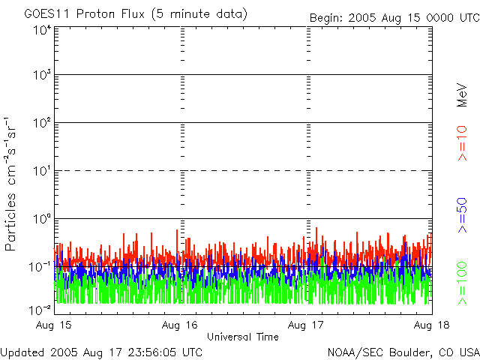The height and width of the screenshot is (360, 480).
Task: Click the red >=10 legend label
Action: [x=462, y=143]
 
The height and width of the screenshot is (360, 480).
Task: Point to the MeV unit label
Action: [x=462, y=94]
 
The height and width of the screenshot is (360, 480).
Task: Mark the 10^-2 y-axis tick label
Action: [x=40, y=309]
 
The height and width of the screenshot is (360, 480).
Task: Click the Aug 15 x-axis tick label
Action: [x=54, y=325]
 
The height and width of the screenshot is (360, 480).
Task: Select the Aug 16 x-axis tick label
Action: [x=180, y=325]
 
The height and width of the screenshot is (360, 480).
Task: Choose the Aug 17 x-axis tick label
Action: [x=306, y=325]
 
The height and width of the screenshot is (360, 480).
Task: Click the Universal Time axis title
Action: [x=243, y=337]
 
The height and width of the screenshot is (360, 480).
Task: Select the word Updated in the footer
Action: [x=22, y=352]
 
